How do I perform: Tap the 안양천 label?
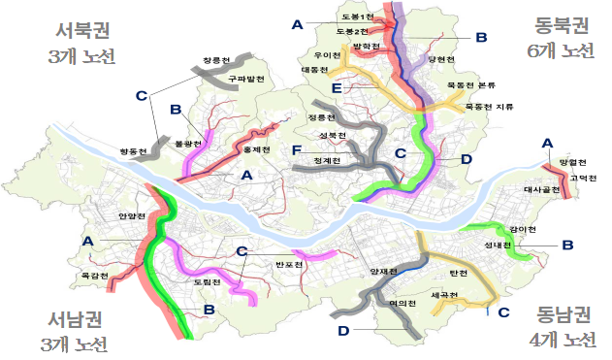pos(131,215)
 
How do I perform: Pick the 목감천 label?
pos(93,276)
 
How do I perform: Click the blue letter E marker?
pos(336,88)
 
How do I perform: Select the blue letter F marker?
pos(296,149)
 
